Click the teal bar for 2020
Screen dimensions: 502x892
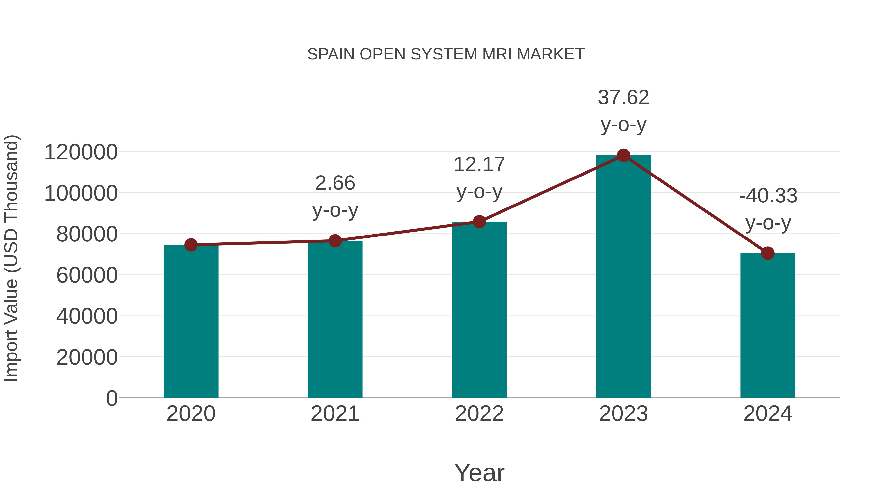click(x=191, y=322)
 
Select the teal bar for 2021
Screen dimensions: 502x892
click(x=335, y=321)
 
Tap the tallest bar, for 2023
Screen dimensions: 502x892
click(x=623, y=277)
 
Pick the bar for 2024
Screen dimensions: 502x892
click(x=768, y=326)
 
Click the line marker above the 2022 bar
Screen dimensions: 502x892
click(x=479, y=222)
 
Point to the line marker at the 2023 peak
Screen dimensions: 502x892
click(x=623, y=155)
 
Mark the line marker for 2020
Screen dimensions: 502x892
click(x=191, y=245)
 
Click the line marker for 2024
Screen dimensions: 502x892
click(x=768, y=253)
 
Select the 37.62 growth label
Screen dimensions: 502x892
click(x=623, y=98)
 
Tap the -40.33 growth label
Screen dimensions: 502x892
click(x=768, y=196)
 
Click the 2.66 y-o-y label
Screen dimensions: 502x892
click(x=335, y=183)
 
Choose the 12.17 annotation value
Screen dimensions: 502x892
click(x=479, y=165)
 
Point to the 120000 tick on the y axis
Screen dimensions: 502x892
click(x=81, y=152)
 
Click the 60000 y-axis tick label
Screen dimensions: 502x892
click(x=87, y=275)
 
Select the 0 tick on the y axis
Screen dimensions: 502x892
click(x=111, y=398)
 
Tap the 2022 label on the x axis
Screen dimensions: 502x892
click(x=479, y=414)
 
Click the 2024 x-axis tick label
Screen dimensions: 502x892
click(x=768, y=414)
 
